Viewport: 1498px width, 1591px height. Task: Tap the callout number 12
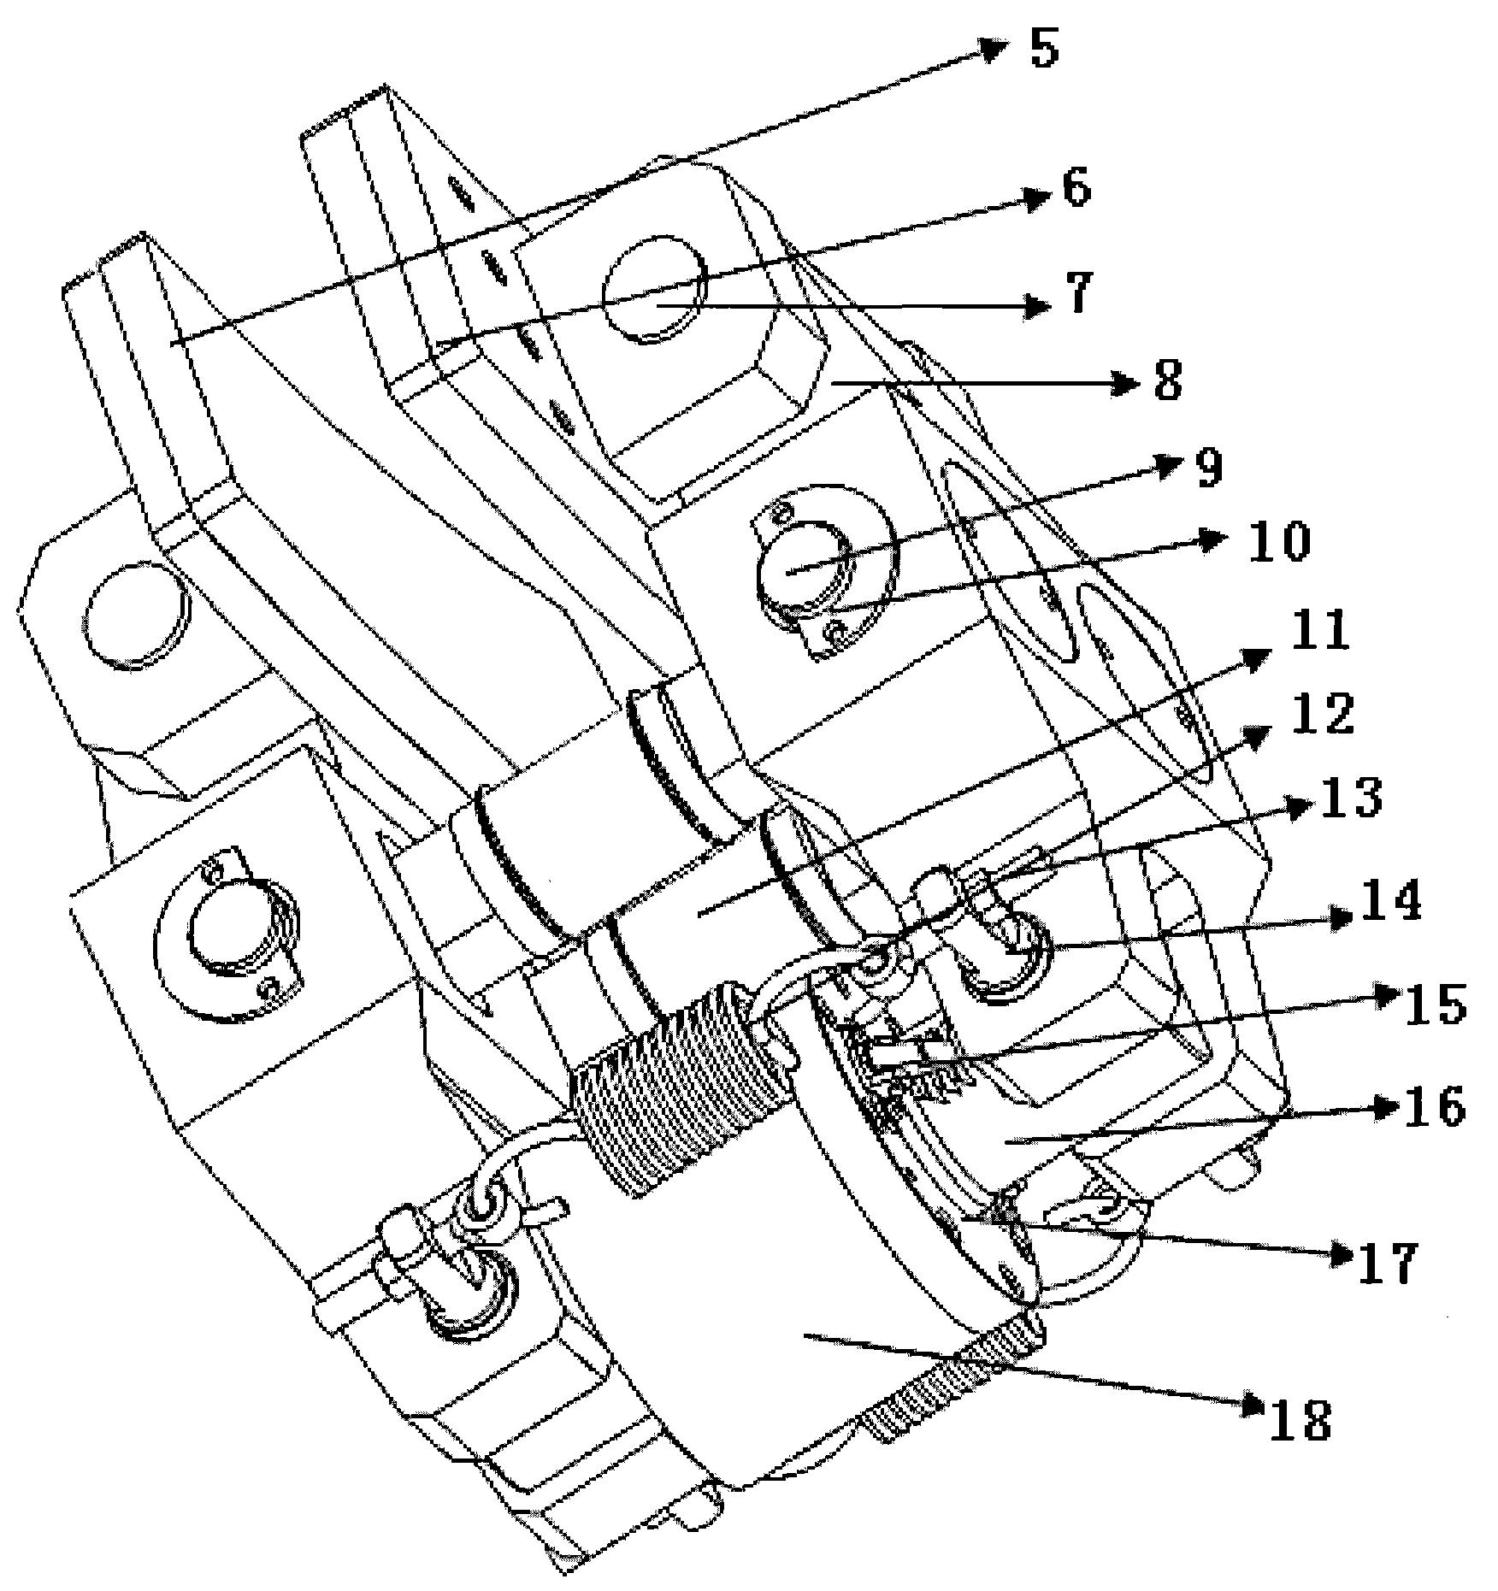(x=1325, y=714)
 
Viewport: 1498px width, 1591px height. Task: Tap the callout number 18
(x=1300, y=1421)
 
